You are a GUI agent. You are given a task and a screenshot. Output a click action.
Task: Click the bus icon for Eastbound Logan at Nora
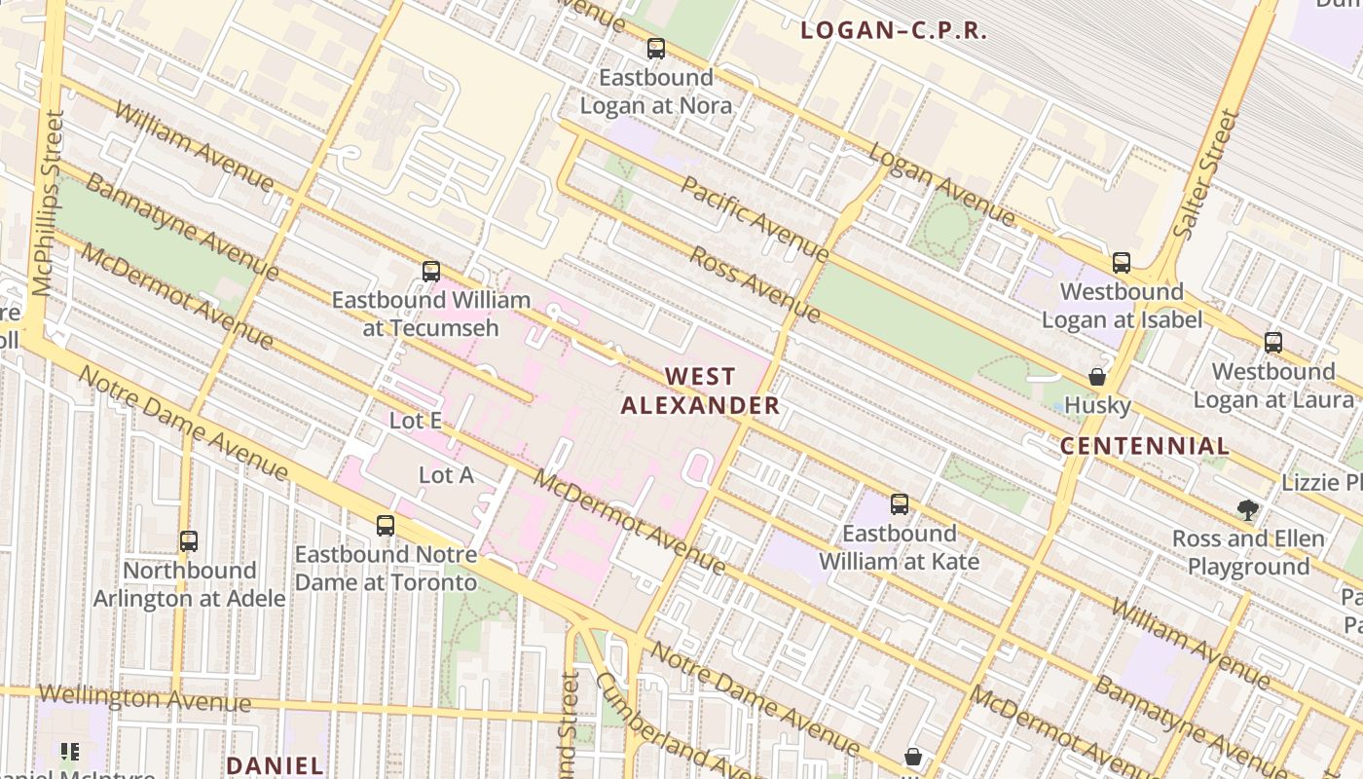pos(656,49)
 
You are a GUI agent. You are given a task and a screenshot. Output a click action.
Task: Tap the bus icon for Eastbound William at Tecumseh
pos(431,272)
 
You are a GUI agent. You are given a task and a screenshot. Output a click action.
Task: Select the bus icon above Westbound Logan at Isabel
pos(1122,263)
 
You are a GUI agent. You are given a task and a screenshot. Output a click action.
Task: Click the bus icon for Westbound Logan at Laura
pos(1273,343)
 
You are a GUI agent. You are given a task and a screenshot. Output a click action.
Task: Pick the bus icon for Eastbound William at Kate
pos(900,504)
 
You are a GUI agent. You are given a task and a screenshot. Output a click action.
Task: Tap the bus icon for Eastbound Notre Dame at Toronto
pos(386,526)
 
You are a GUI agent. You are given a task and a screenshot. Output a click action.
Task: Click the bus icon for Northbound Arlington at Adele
pos(189,541)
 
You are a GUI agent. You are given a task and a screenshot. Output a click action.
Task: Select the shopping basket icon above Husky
pos(1097,377)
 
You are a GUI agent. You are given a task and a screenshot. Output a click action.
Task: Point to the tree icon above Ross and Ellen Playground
pos(1247,510)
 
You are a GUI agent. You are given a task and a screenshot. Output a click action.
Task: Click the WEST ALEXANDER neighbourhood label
pos(701,390)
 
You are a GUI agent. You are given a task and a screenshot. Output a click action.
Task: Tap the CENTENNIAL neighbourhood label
pos(1144,447)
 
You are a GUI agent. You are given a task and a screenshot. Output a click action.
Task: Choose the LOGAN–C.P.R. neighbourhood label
pos(894,31)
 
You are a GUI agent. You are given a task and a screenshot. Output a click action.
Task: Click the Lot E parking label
pos(416,421)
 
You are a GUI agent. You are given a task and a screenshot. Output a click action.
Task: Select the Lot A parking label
pos(446,475)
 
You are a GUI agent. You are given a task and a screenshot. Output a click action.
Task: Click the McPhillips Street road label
pos(48,203)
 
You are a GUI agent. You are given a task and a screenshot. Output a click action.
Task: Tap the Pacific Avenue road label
pos(755,219)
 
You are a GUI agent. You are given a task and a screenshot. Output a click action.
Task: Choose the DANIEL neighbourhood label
pos(275,765)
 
